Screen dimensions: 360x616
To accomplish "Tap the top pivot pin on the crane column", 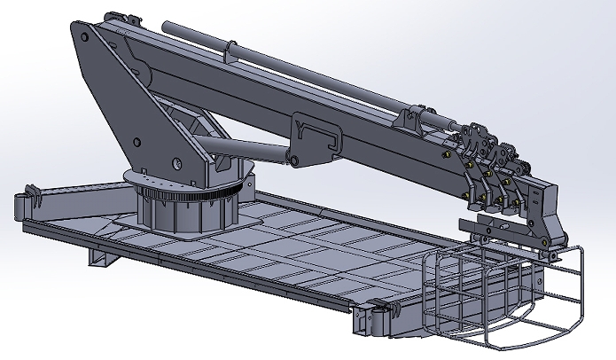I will point(84,37).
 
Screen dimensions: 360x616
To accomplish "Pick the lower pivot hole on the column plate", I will point(177,162).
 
